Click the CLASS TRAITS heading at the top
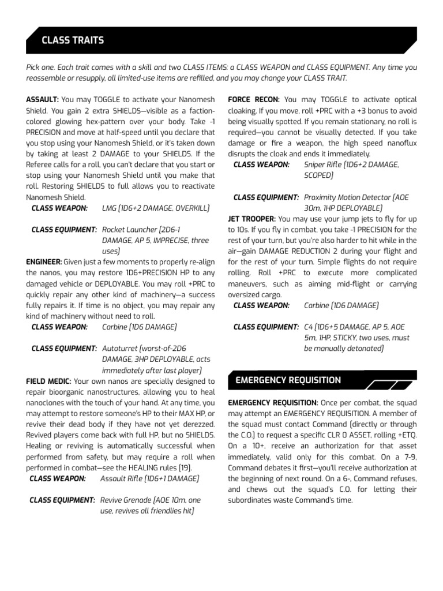(x=72, y=40)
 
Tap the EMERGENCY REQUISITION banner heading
(x=288, y=380)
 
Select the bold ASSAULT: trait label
(x=42, y=100)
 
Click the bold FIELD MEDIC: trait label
(x=48, y=381)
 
